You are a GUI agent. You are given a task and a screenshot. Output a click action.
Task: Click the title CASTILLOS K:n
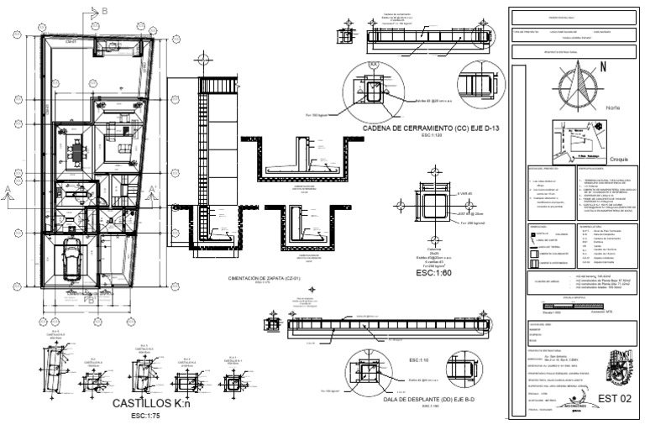pyautogui.click(x=154, y=404)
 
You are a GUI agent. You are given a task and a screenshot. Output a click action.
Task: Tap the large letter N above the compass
pyautogui.click(x=602, y=73)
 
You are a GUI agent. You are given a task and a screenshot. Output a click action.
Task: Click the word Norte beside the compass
pyautogui.click(x=613, y=107)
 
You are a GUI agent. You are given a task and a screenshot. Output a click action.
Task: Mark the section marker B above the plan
pyautogui.click(x=103, y=10)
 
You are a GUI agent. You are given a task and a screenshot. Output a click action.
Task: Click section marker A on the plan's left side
pyautogui.click(x=8, y=188)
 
